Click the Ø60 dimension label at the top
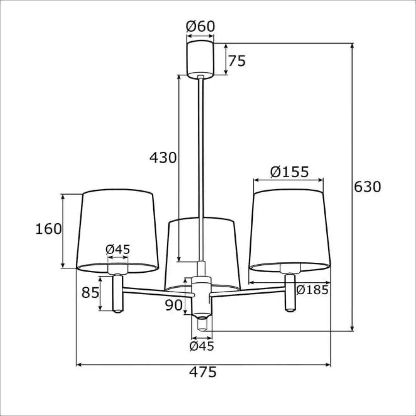[200, 26]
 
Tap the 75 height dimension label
[237, 61]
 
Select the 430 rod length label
[163, 158]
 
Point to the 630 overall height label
[367, 187]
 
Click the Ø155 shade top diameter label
[289, 172]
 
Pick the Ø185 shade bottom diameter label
[313, 290]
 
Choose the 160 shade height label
[49, 229]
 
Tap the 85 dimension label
[90, 293]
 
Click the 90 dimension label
[174, 305]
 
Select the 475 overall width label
[203, 372]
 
